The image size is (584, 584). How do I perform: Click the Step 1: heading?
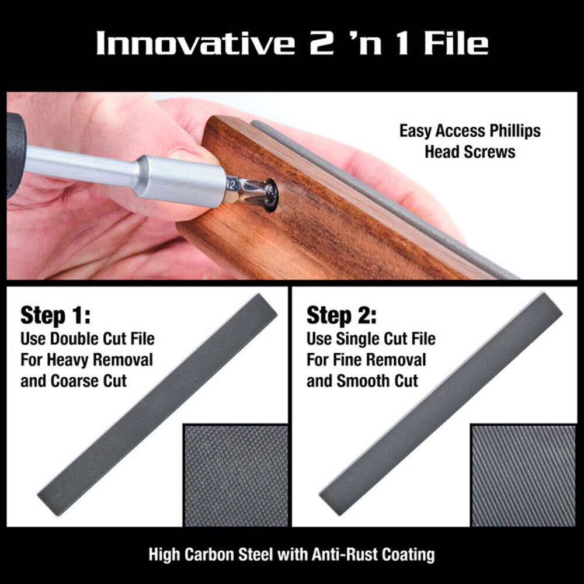[55, 317]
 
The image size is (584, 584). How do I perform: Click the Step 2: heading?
[342, 317]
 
